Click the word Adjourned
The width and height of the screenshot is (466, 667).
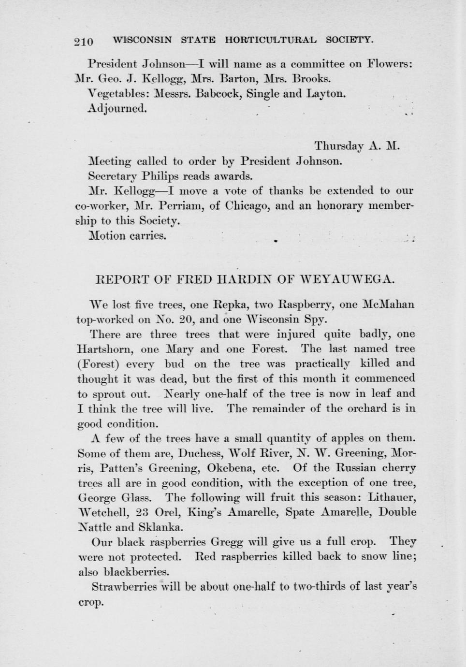[117, 108]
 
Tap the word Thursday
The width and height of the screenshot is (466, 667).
[339, 146]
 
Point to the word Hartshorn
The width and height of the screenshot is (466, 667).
[106, 349]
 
